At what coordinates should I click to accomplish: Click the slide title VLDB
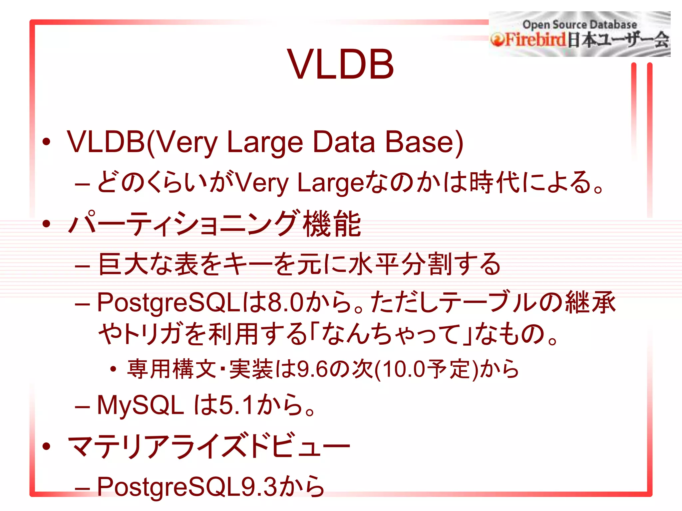(x=340, y=64)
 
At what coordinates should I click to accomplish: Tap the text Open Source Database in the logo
(x=579, y=25)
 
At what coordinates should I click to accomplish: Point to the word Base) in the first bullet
(x=424, y=142)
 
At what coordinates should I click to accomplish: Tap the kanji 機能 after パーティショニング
(x=332, y=224)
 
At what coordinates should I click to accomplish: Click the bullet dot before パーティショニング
(x=46, y=224)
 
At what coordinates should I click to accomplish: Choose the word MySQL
(x=140, y=405)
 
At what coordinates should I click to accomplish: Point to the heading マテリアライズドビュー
(x=209, y=446)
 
